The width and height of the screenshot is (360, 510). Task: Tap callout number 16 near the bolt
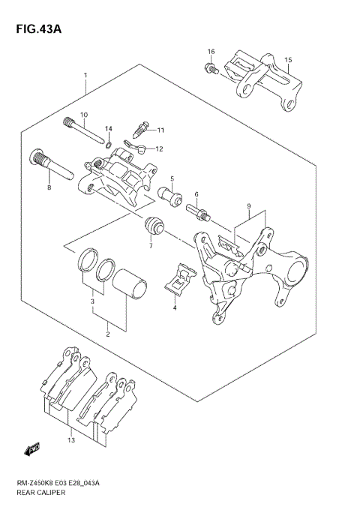point(211,51)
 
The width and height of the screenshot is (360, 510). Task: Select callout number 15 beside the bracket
point(288,59)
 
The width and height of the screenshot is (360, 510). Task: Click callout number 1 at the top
point(86,76)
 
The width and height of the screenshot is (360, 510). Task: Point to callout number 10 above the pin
point(84,115)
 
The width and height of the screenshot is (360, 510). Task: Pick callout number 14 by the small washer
point(108,129)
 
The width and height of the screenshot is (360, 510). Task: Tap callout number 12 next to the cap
point(159,148)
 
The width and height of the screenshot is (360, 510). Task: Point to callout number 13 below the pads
point(71,440)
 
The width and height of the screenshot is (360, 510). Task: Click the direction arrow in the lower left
point(32,449)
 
